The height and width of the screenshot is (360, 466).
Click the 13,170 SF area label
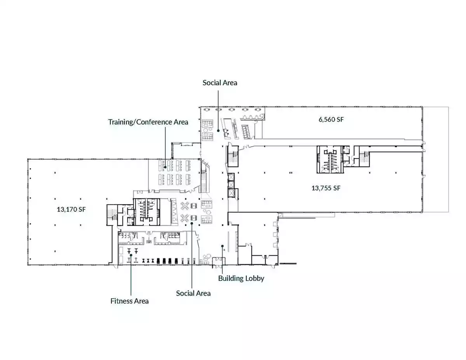click(71, 209)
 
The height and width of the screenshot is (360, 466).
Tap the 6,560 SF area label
click(331, 120)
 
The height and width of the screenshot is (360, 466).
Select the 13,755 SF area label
click(326, 188)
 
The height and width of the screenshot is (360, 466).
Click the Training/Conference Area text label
click(148, 122)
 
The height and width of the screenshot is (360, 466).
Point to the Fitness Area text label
click(129, 301)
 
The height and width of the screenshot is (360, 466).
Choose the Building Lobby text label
click(241, 278)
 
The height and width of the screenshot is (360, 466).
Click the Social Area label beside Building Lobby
click(193, 293)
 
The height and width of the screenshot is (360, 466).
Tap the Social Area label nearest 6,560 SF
click(220, 83)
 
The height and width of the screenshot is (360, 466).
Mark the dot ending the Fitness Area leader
click(131, 255)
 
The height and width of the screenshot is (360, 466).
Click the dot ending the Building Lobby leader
click(222, 246)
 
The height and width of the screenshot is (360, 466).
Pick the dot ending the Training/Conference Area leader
click(165, 167)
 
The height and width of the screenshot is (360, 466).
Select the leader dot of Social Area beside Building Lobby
click(192, 224)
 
